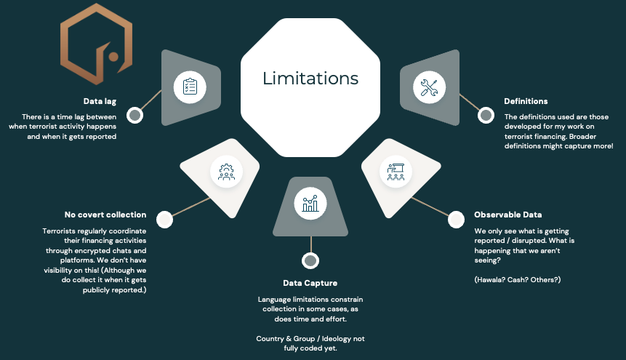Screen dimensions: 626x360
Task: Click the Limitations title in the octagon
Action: tap(310, 78)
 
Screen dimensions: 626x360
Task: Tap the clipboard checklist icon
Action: tap(190, 87)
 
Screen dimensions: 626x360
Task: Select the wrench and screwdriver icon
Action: tap(429, 87)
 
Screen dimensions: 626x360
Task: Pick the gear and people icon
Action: tap(226, 172)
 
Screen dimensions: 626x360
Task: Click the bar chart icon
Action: tap(310, 203)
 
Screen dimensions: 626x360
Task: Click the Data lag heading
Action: tap(100, 102)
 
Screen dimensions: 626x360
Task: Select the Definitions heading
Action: tap(526, 101)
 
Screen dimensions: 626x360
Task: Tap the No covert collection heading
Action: tap(105, 215)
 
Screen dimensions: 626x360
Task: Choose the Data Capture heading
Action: tap(310, 282)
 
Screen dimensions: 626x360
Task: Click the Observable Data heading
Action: tap(508, 215)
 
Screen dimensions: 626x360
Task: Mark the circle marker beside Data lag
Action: tap(135, 115)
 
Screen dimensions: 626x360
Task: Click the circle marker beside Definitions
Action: tap(486, 115)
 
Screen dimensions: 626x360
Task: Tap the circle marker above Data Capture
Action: tap(310, 260)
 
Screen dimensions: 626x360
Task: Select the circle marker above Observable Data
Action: tap(456, 219)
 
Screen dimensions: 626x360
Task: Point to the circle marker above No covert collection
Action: tap(164, 218)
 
